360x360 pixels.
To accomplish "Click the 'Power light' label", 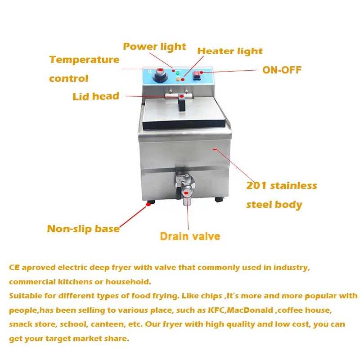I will tap(154, 47).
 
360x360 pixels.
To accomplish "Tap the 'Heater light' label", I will tap(230, 51).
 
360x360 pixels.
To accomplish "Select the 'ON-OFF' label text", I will tap(282, 70).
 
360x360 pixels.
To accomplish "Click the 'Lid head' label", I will tap(96, 96).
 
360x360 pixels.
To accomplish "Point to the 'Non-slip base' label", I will tap(83, 229).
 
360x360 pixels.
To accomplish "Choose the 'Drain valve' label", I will tap(190, 236).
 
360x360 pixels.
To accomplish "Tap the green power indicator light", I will tap(178, 73).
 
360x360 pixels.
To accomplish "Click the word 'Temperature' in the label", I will tap(84, 60).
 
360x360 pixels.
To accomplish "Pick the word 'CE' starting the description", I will tap(13, 268).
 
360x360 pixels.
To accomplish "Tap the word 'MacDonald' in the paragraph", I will tap(254, 311).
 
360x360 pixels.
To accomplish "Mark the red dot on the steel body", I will tap(214, 149).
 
